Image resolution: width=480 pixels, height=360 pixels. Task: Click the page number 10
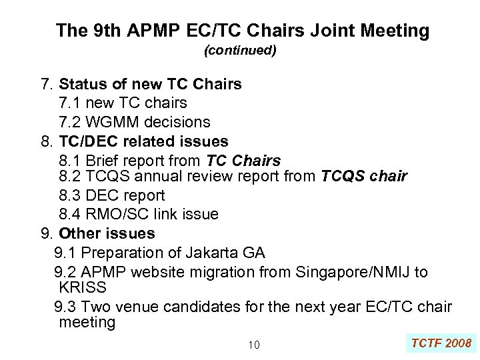[x=253, y=345]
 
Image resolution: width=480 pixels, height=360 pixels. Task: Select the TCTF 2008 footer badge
[x=441, y=343]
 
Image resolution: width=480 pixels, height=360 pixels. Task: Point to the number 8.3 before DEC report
[x=71, y=195]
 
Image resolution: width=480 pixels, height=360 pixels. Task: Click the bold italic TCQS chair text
[x=364, y=177]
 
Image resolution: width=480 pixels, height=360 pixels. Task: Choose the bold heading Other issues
[x=107, y=234]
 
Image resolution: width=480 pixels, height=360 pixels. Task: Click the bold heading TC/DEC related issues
[x=143, y=142]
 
